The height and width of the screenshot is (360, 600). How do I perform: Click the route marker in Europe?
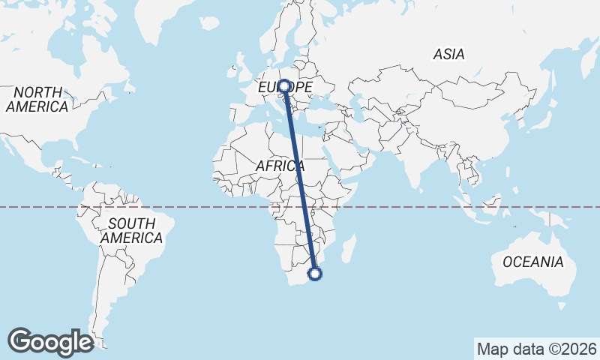coord(284,86)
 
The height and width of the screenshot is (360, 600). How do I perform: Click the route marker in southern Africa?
coord(316,273)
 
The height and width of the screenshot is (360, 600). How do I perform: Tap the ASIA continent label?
coord(448,54)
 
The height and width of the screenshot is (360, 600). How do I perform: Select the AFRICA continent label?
coord(280,166)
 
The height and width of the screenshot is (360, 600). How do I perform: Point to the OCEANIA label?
coord(532,262)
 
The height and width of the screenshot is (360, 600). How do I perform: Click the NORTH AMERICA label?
coord(37,99)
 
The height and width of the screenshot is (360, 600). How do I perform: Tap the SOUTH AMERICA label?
coord(132,230)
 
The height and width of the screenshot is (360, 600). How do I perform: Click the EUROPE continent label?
coord(285,88)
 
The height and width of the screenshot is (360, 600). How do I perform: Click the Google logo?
coord(51,341)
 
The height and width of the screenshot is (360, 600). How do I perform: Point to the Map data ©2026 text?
coord(537,349)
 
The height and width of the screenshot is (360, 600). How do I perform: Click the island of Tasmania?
coord(561,306)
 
